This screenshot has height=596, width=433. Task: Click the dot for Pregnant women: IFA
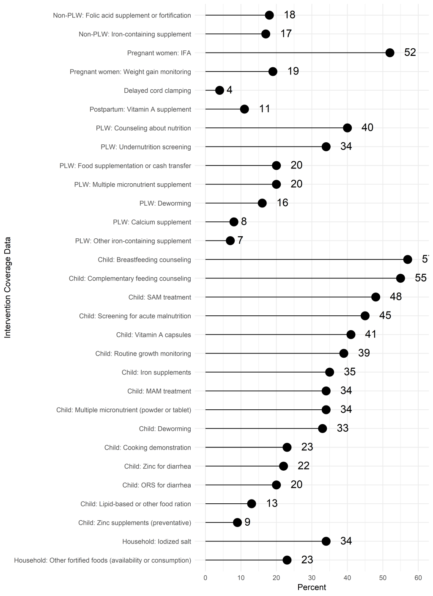(390, 53)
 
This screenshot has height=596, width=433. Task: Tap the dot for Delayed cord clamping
(219, 90)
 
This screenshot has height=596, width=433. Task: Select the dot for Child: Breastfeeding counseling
(408, 259)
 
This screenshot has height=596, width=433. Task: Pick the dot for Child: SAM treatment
(375, 297)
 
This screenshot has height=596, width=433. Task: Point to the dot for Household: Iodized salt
(326, 541)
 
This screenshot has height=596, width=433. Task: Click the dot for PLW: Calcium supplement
(234, 222)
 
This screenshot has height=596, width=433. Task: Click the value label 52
(410, 52)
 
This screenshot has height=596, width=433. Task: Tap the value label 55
(421, 278)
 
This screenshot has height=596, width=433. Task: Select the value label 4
(229, 90)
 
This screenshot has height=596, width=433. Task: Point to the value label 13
(272, 503)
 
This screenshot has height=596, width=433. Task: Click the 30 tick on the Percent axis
(312, 578)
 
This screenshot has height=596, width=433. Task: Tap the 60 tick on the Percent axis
(418, 578)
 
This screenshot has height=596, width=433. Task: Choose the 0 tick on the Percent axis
(206, 578)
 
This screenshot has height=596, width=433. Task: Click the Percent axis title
(312, 588)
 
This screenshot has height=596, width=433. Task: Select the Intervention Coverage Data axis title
(8, 287)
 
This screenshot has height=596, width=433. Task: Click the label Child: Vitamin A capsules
(153, 335)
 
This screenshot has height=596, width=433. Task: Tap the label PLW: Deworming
(165, 203)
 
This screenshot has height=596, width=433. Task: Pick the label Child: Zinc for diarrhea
(157, 466)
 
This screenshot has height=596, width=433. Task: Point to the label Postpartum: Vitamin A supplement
(140, 109)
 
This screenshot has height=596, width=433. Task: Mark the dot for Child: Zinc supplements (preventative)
(237, 522)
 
